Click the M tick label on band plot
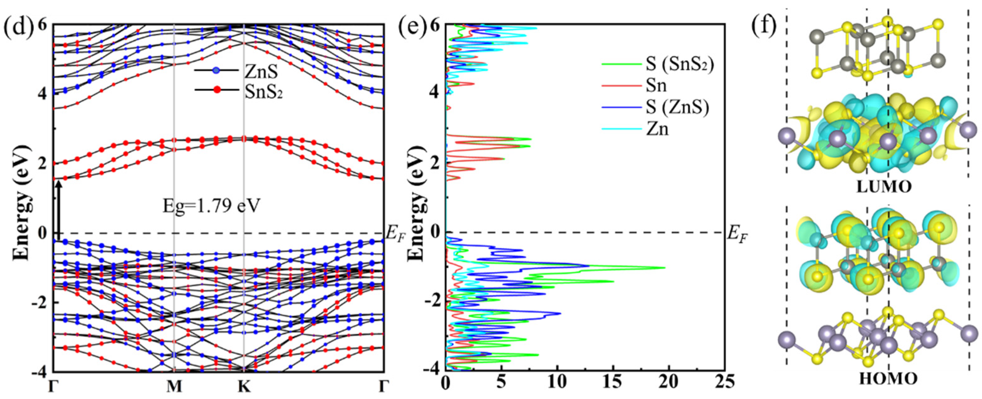pos(174,387)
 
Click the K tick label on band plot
pos(244,387)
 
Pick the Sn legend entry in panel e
pos(656,86)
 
